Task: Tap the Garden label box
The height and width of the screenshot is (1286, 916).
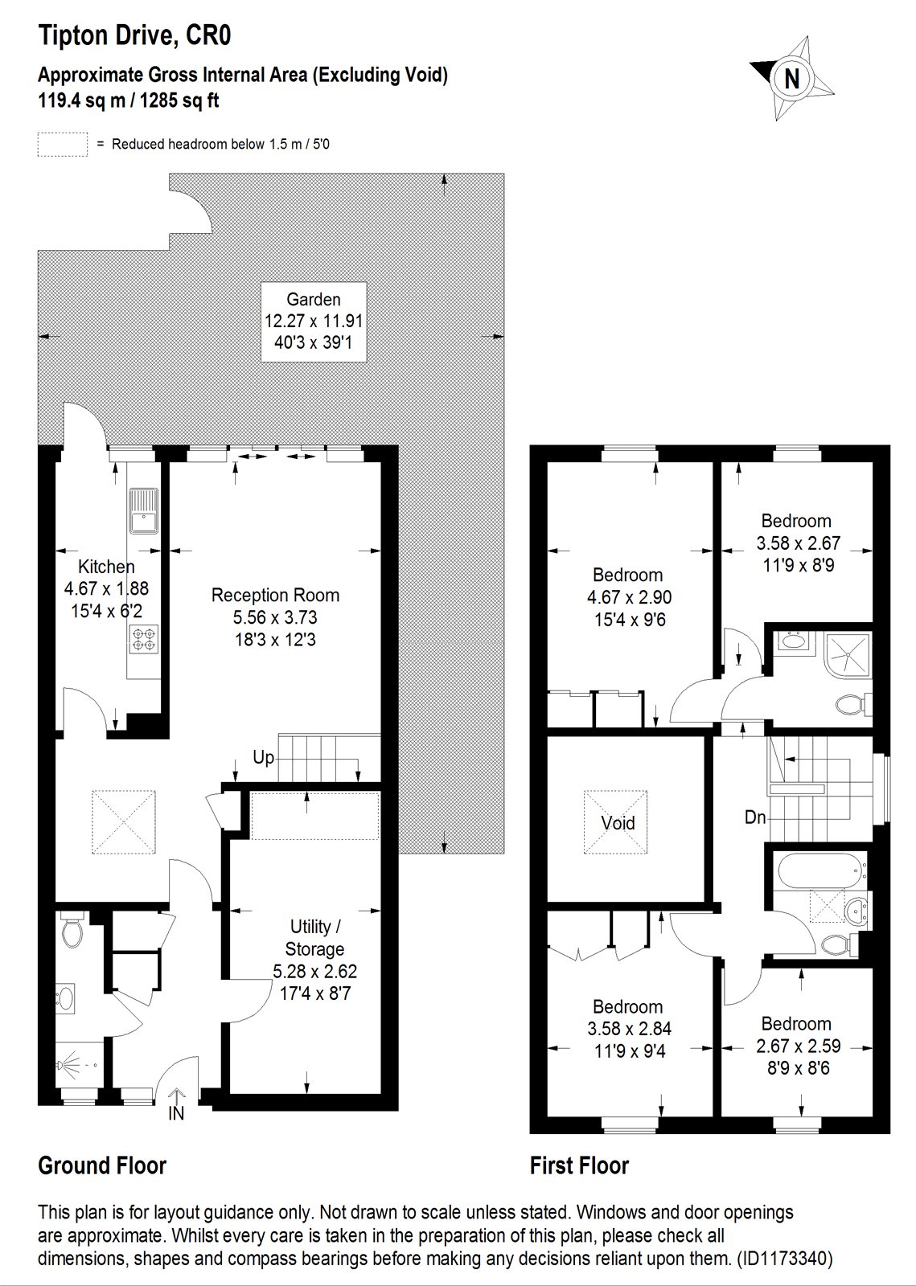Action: point(314,321)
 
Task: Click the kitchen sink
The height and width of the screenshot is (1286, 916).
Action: point(142,510)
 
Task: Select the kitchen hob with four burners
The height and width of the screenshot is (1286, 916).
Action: point(144,640)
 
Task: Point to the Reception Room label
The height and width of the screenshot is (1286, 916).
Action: point(275,595)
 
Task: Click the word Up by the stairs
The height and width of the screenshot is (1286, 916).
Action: point(263,758)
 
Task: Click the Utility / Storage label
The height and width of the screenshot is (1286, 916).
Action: point(314,937)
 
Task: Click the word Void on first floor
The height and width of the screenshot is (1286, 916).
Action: point(618,823)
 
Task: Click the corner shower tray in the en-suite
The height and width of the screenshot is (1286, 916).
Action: point(848,654)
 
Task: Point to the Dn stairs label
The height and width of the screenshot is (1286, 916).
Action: point(755,817)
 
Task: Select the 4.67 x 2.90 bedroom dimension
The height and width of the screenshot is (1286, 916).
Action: point(630,597)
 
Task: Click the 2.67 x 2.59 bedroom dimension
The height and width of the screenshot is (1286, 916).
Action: point(799,1046)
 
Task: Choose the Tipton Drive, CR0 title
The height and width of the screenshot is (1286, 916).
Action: point(134,35)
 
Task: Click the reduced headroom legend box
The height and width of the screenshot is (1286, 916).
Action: point(63,144)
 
